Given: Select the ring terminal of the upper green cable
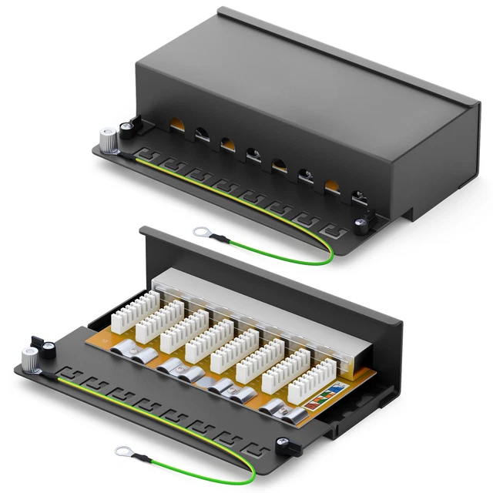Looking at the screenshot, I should click(203, 230).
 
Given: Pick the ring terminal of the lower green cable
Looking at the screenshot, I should click(121, 451).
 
